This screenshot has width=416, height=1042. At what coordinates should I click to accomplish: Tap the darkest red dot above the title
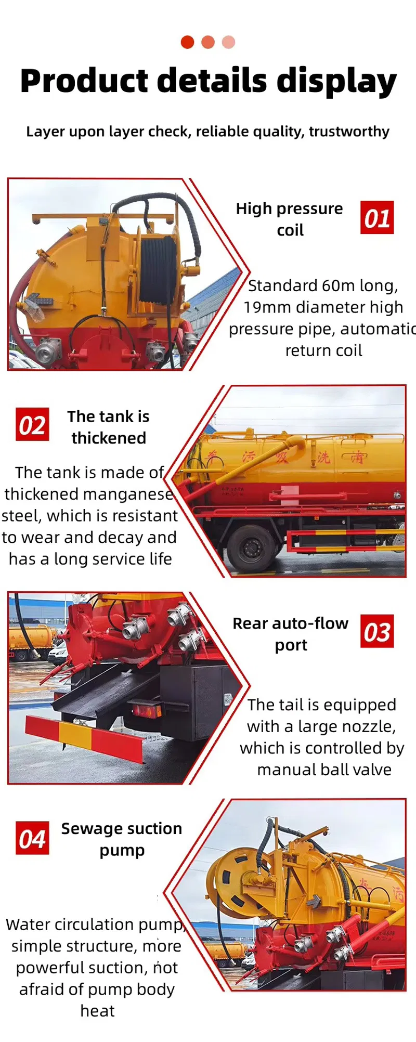point(187,42)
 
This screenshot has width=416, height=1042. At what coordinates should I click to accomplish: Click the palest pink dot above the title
point(228,42)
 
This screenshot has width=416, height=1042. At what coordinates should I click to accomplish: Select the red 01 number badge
point(377,217)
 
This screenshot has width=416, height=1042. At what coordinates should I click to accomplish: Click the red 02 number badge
point(32,424)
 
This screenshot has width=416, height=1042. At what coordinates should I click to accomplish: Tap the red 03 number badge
point(377,631)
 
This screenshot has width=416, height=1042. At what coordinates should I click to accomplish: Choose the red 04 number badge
point(32,838)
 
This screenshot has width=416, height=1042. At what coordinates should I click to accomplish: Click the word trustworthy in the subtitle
point(349,132)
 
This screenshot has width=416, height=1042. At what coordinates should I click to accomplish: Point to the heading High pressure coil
point(289,219)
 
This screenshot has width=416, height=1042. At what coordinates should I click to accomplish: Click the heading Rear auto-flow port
point(290,633)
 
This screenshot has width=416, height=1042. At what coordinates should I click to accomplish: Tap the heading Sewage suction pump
point(122,839)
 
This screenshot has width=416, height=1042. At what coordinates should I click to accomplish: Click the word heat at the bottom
point(97,1011)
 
